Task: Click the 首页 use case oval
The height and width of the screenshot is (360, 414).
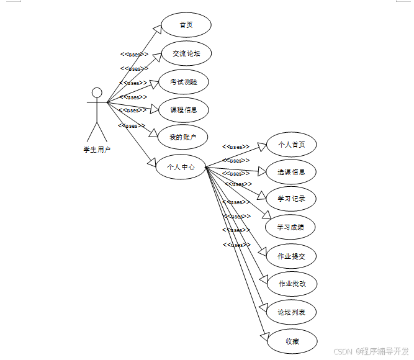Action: point(186,25)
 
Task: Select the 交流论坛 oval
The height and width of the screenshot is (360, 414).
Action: point(186,53)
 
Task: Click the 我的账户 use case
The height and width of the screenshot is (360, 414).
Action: point(183,137)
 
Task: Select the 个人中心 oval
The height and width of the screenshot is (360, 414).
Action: point(180,166)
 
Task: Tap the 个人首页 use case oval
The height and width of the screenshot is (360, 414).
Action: point(291,145)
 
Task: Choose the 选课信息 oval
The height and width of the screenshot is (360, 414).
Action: point(291,172)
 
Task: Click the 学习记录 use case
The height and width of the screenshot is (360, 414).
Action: point(291,199)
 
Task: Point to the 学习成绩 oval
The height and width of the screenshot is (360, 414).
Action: point(291,227)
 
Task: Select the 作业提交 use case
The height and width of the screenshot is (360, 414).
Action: point(291,256)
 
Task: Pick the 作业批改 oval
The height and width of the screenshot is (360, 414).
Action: point(291,284)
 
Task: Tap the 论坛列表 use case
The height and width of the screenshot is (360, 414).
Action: point(291,312)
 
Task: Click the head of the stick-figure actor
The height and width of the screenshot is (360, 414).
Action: point(96,93)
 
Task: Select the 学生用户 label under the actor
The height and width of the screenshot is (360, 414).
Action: point(96,150)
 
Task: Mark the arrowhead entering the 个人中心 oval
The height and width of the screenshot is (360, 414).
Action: point(151,162)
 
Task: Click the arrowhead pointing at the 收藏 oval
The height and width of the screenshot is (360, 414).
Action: point(263,337)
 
